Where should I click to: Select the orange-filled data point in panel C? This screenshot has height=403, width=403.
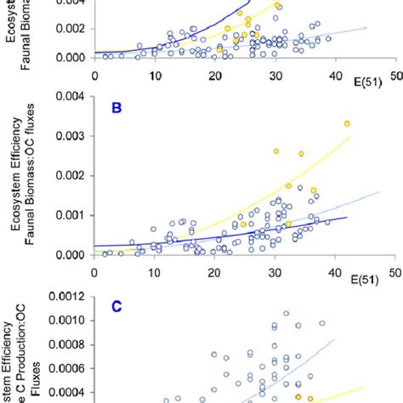(x=298, y=396)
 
